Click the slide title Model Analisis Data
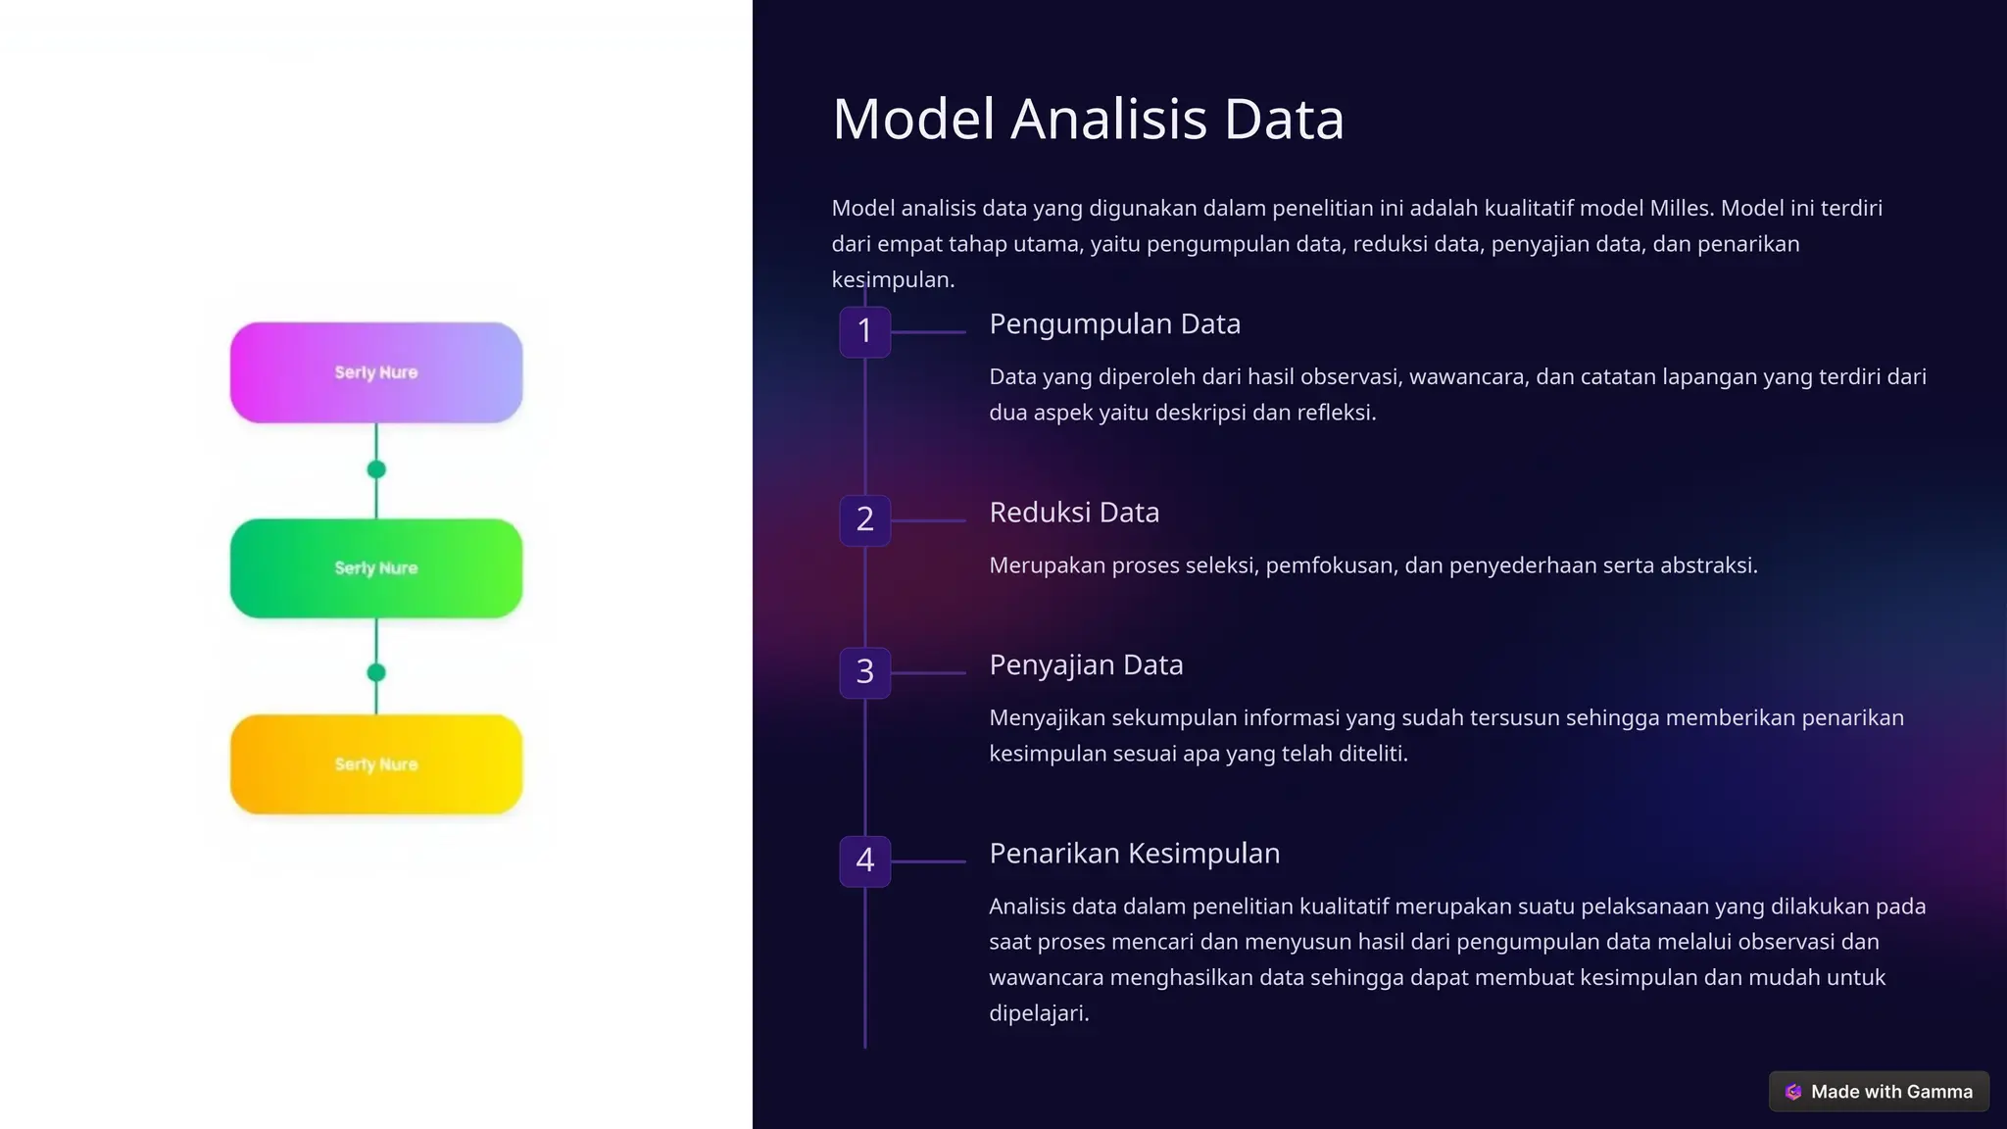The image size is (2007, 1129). click(1088, 120)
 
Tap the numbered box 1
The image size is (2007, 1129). click(864, 331)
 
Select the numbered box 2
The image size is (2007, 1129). click(864, 519)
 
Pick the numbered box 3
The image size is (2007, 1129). click(864, 672)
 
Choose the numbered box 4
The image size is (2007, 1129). click(864, 860)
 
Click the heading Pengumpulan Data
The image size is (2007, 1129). click(1114, 324)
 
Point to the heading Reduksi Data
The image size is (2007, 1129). click(1074, 513)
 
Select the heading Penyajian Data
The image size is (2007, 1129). click(1086, 665)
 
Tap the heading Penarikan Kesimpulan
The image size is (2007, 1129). click(1134, 854)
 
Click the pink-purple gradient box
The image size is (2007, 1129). click(376, 372)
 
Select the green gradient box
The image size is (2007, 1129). click(376, 568)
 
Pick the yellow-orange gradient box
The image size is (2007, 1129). click(376, 764)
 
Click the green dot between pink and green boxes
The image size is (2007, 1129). click(376, 469)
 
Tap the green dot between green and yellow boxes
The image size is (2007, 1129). click(376, 672)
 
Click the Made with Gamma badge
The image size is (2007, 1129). click(1879, 1092)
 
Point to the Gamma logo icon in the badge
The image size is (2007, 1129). click(1793, 1092)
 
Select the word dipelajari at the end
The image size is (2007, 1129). click(1038, 1013)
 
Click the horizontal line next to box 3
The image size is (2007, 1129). click(928, 673)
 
